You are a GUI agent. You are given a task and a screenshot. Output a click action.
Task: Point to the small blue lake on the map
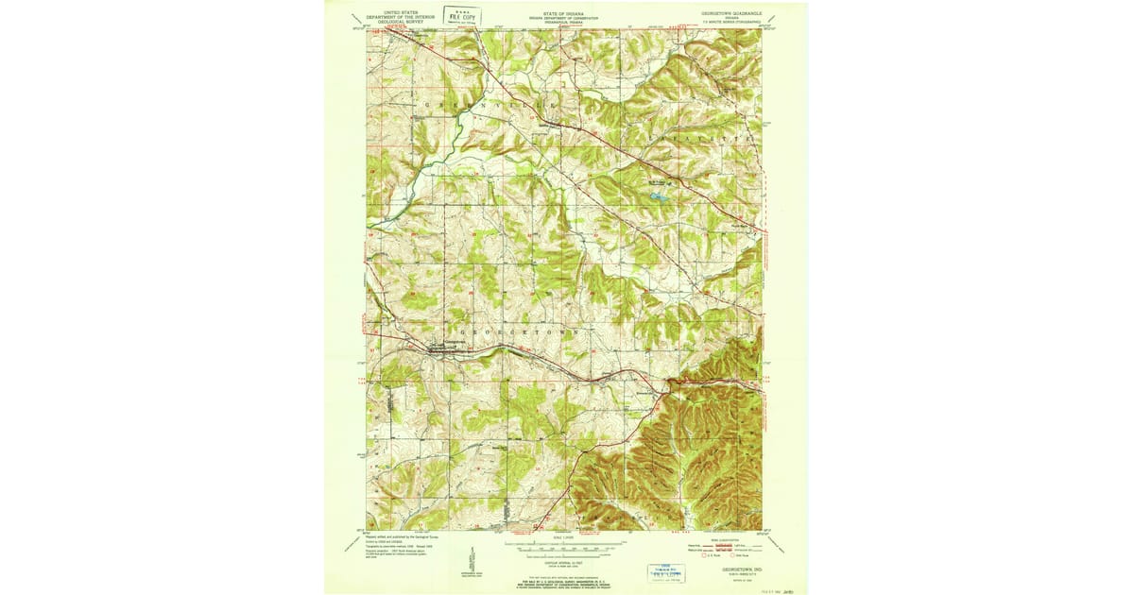[656, 197]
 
